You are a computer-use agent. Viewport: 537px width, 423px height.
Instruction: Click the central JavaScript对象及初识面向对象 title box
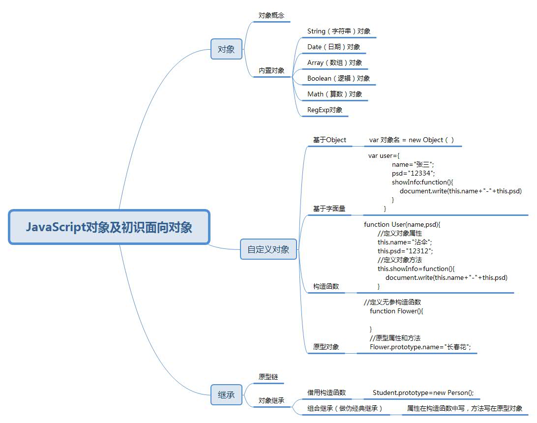click(109, 227)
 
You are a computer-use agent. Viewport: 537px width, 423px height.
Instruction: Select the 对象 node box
click(226, 49)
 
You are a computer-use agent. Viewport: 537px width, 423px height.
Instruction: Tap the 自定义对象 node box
click(268, 249)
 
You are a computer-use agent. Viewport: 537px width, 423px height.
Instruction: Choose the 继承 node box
click(226, 394)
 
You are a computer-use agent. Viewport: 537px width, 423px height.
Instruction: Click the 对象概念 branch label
click(271, 15)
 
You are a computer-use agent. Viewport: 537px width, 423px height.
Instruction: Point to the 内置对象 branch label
click(271, 70)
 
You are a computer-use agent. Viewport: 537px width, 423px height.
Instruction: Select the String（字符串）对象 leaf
click(339, 31)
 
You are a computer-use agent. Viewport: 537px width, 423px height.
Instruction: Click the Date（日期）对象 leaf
click(333, 47)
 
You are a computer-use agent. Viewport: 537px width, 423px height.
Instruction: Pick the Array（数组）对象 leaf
click(334, 62)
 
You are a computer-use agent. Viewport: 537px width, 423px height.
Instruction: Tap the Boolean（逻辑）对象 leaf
click(338, 78)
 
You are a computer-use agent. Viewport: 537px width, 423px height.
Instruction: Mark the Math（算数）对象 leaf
click(334, 94)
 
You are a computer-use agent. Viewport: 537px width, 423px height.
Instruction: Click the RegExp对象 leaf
click(325, 110)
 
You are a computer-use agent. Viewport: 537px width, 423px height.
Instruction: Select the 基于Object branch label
click(329, 140)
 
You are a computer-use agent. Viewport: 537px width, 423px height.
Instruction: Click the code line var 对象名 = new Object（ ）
click(412, 140)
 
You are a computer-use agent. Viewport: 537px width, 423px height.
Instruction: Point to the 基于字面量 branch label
click(329, 209)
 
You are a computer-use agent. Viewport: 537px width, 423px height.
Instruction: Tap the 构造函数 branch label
click(326, 286)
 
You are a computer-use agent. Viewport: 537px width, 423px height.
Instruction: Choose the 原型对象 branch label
click(326, 347)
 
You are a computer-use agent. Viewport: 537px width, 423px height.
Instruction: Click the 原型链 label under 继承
click(268, 377)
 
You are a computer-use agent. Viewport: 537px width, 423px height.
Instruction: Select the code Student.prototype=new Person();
click(423, 393)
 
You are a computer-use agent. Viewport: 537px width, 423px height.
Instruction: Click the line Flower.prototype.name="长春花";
click(420, 347)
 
